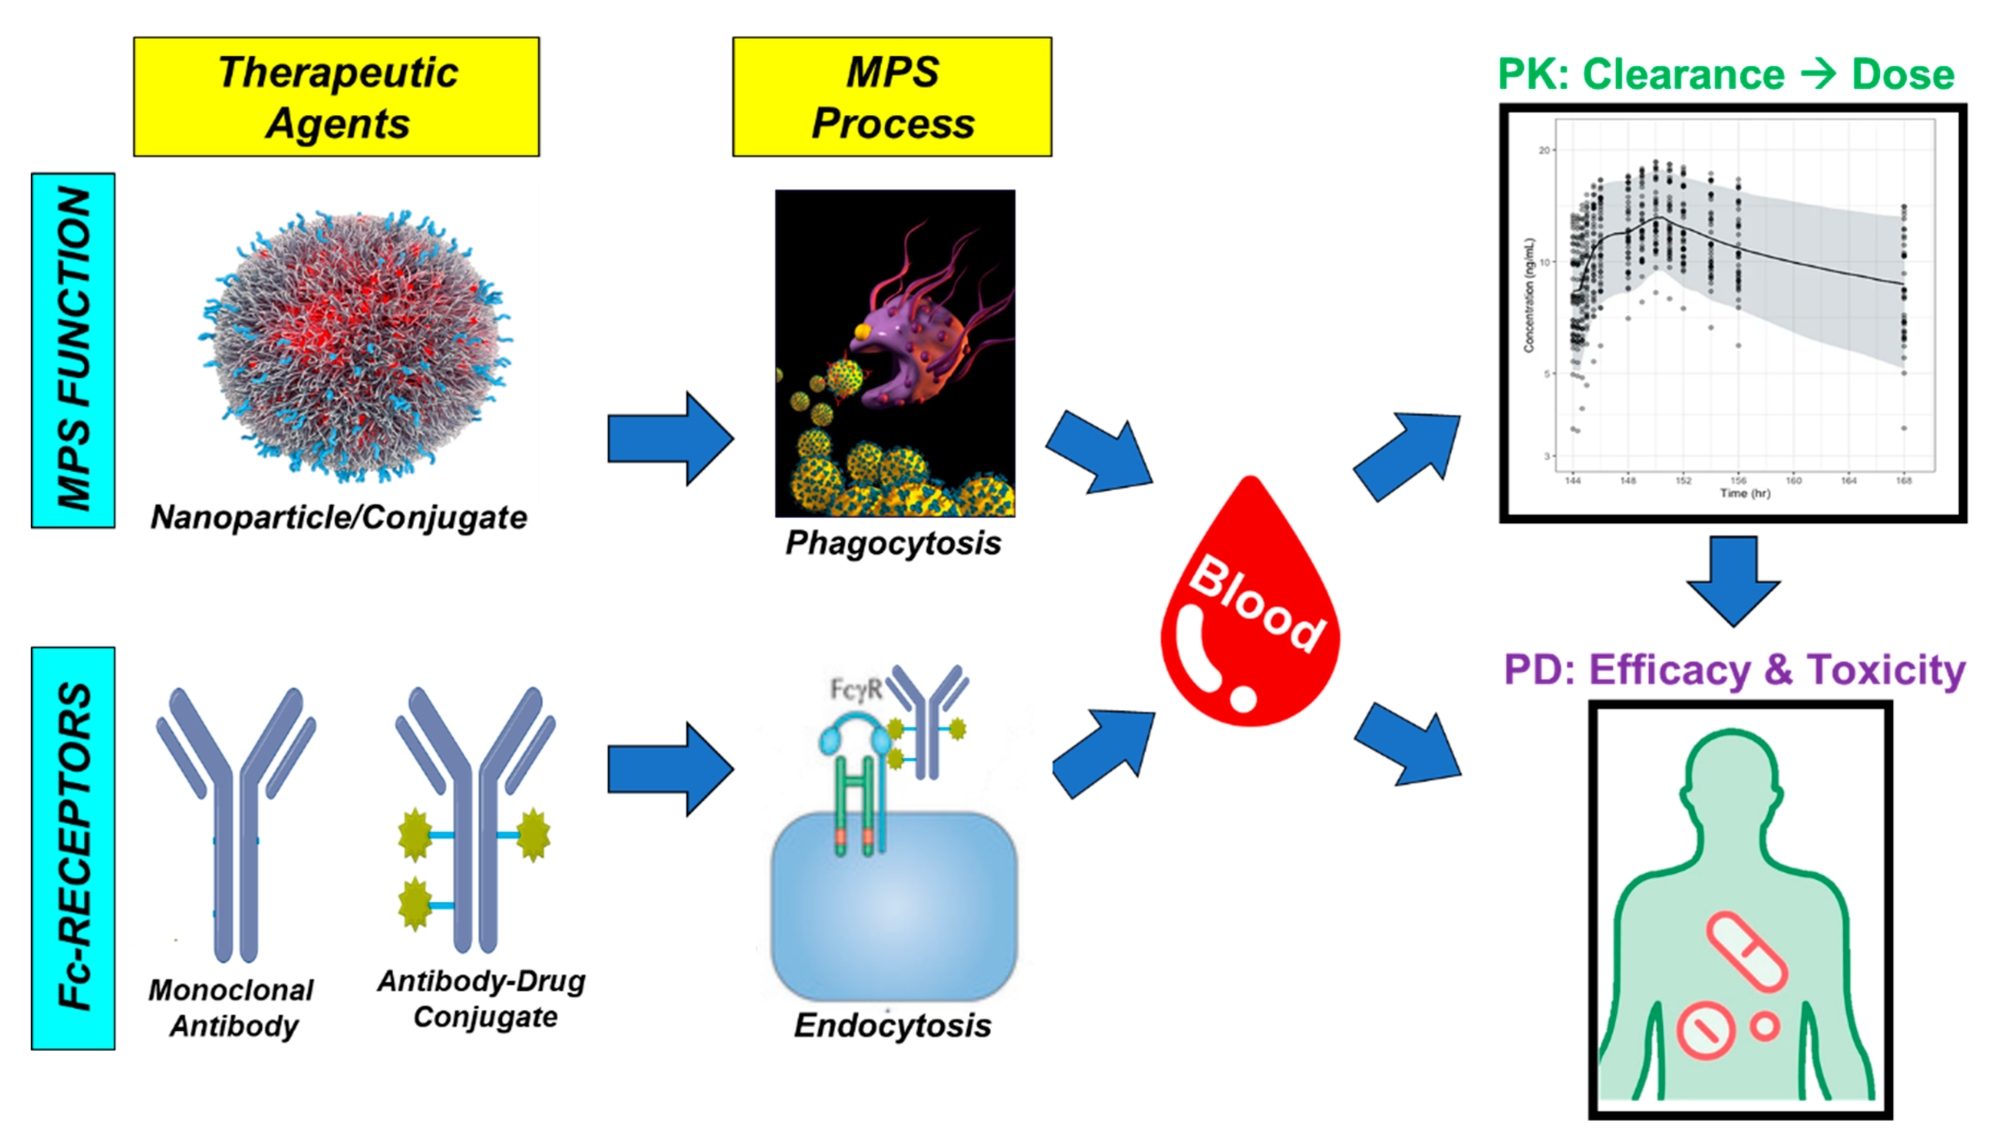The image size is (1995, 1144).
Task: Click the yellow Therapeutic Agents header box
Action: (337, 97)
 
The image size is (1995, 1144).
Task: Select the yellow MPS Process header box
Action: (892, 97)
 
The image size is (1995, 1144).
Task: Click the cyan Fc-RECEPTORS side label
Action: (73, 848)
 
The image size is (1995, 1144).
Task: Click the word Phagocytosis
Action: (894, 544)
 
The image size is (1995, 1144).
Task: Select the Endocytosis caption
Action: (893, 1025)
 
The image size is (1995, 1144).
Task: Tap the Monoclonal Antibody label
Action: (232, 1008)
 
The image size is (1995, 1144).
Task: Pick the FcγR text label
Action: (856, 690)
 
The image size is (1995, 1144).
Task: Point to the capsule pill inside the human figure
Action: (1747, 951)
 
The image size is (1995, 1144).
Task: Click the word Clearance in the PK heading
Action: (1683, 75)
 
